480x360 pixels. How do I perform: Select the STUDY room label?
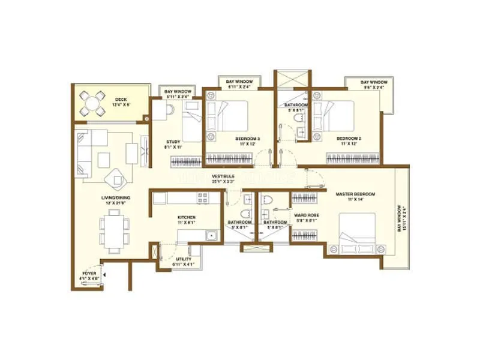coord(173,142)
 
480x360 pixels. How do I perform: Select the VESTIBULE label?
coord(223,176)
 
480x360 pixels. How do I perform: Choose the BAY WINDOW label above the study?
coord(178,92)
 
